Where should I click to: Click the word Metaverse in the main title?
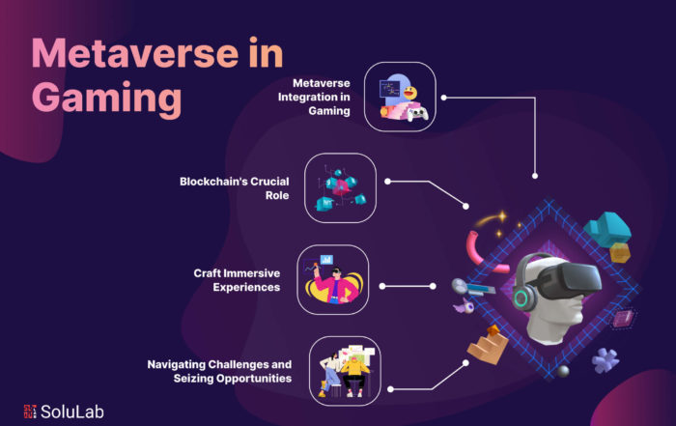tap(135, 53)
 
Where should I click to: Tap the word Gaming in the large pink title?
tap(106, 99)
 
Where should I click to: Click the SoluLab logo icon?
tap(30, 412)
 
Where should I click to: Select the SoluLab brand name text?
tap(72, 412)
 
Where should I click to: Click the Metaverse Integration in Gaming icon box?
tap(400, 97)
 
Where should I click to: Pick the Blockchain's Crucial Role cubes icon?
tap(340, 188)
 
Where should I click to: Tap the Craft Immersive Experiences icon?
tap(333, 279)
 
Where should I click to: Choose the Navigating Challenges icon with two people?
tap(345, 371)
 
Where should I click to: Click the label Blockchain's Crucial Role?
tap(234, 188)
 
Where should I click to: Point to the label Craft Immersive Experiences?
tap(237, 280)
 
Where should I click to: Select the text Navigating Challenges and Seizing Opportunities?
tap(219, 371)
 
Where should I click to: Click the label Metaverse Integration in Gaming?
tap(314, 97)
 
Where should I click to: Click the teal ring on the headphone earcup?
tap(521, 298)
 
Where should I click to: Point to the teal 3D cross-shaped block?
tap(607, 229)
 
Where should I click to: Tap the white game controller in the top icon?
tap(418, 114)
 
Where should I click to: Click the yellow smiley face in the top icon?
tap(410, 93)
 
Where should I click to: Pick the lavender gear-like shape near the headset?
tap(606, 360)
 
